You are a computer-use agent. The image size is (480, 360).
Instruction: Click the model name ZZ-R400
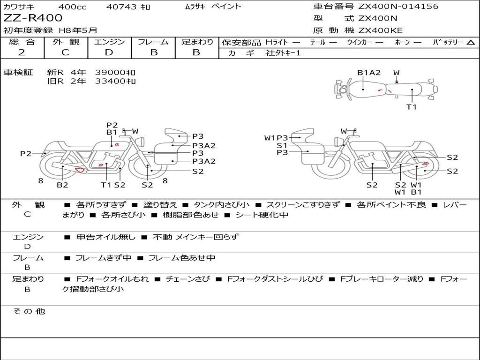[x=33, y=18]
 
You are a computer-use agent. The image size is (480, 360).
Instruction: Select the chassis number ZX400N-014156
[x=398, y=6]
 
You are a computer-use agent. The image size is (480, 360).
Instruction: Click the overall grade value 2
[x=22, y=52]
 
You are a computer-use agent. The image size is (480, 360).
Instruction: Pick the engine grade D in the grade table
[x=109, y=52]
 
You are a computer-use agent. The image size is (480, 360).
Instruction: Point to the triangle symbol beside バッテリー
[x=471, y=43]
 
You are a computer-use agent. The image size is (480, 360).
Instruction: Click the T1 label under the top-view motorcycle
[x=412, y=107]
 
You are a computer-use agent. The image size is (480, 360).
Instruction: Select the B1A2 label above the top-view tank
[x=369, y=73]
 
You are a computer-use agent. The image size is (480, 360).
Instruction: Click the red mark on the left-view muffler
[x=80, y=170]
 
